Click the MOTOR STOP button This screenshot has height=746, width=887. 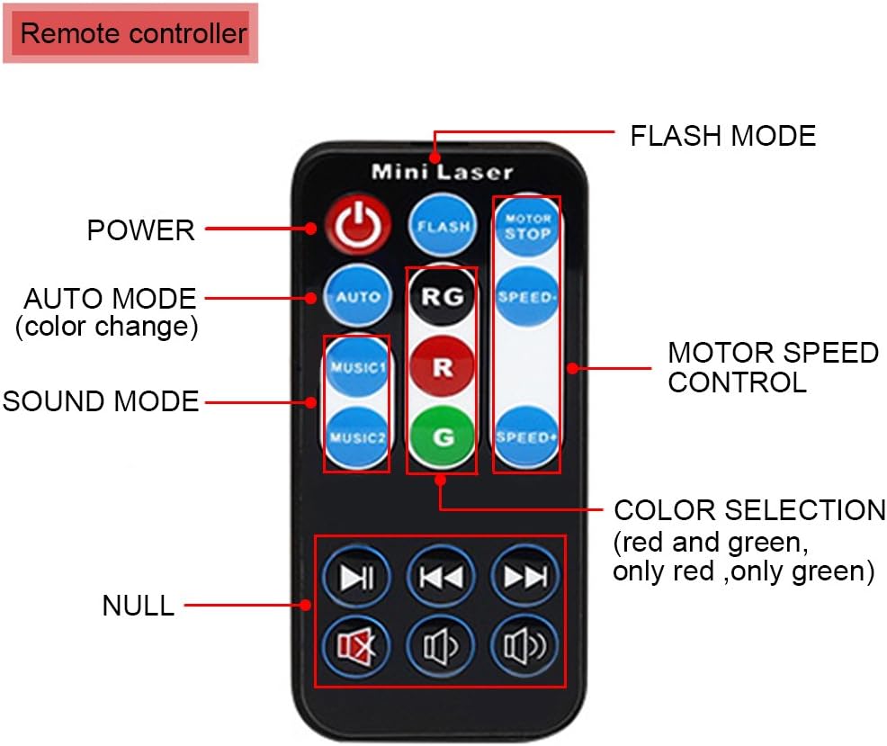(x=526, y=227)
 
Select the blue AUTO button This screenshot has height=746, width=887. (x=358, y=296)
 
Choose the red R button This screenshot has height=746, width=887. (x=442, y=367)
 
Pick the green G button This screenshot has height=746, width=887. (x=442, y=437)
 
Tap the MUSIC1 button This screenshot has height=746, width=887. (x=357, y=368)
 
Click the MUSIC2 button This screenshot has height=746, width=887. (x=357, y=438)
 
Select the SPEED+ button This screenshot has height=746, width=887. (x=526, y=437)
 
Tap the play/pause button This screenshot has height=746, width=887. (x=358, y=577)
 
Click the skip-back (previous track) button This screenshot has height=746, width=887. (x=441, y=577)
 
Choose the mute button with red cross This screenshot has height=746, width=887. (x=358, y=646)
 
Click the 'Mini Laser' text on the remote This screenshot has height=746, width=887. (x=442, y=171)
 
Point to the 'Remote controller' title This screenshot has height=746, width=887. (x=132, y=34)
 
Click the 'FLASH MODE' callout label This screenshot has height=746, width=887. (x=722, y=136)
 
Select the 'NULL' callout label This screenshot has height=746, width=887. (x=138, y=606)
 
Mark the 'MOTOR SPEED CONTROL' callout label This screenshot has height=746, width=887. (x=773, y=367)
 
